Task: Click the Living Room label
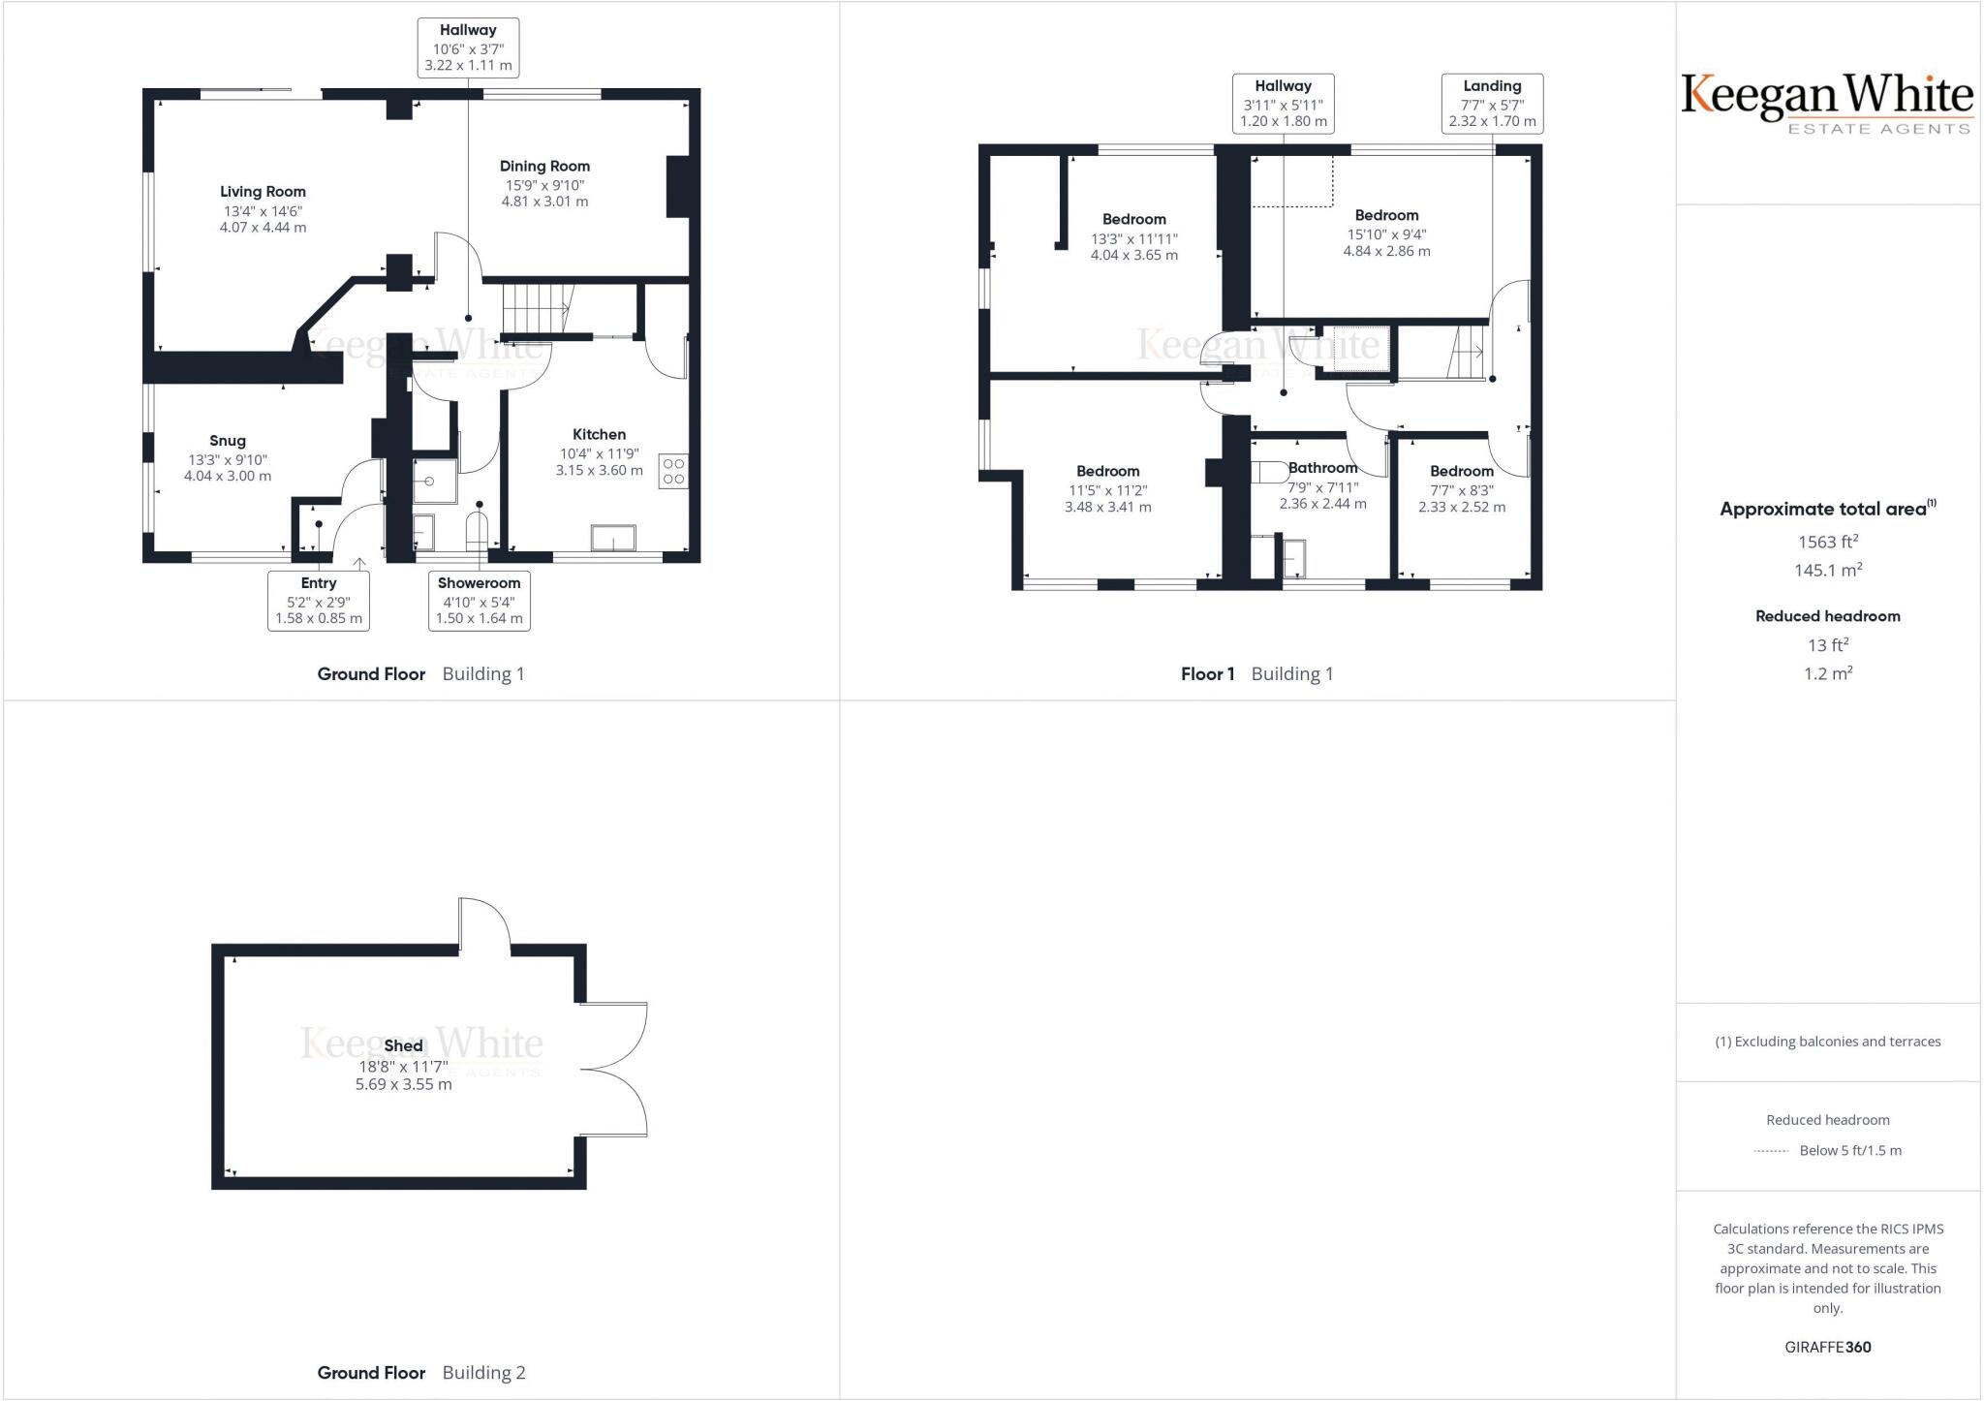point(263,192)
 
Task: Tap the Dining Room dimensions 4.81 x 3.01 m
point(544,202)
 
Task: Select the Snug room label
point(228,441)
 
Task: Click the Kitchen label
point(599,435)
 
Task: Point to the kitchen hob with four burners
point(673,471)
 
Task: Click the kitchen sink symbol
point(613,538)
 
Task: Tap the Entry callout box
point(319,601)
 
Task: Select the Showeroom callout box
point(480,601)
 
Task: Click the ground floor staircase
point(536,307)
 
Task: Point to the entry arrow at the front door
point(359,564)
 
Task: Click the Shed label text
point(403,1046)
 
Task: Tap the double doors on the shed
point(616,1069)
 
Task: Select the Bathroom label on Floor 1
point(1322,468)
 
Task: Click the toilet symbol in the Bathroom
point(1269,473)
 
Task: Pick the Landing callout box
point(1492,104)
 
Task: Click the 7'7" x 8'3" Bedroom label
point(1462,472)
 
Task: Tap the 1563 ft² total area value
point(1828,543)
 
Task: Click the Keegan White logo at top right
point(1827,102)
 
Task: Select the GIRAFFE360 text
point(1828,1347)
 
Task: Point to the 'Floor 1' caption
point(1207,674)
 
